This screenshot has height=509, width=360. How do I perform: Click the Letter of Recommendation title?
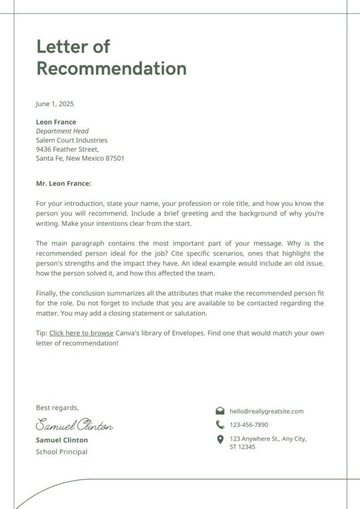[111, 57]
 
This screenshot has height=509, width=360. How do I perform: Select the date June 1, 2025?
[55, 104]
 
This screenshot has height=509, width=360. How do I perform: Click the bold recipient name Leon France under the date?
[56, 122]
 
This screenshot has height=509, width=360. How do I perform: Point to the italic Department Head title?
[62, 131]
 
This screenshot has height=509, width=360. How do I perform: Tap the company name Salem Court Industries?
[71, 140]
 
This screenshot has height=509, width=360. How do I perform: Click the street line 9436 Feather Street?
[67, 149]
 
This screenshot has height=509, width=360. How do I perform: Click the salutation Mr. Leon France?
[63, 183]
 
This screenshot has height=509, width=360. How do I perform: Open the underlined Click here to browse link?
[82, 333]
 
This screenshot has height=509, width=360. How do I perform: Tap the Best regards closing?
[57, 408]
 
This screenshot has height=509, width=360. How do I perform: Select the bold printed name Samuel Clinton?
[62, 440]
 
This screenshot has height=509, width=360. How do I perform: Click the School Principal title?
[62, 452]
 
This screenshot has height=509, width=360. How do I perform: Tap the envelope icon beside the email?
[220, 411]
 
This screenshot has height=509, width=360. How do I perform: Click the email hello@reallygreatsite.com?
[267, 411]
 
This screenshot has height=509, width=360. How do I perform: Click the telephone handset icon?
[220, 425]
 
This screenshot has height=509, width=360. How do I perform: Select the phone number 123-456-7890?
[249, 425]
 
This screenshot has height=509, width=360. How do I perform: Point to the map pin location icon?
[220, 439]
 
